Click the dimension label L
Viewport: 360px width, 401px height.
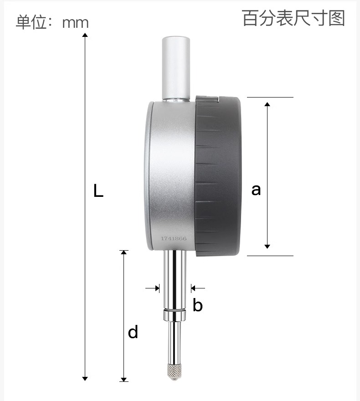(x=98, y=190)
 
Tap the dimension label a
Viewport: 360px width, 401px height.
(x=256, y=190)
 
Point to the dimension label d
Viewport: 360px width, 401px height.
(x=133, y=332)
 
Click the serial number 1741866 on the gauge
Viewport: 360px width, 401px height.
(x=174, y=239)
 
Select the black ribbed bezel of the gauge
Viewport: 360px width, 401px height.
(x=218, y=176)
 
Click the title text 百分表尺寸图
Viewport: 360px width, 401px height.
(x=293, y=18)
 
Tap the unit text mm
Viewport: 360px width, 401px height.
(x=76, y=23)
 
